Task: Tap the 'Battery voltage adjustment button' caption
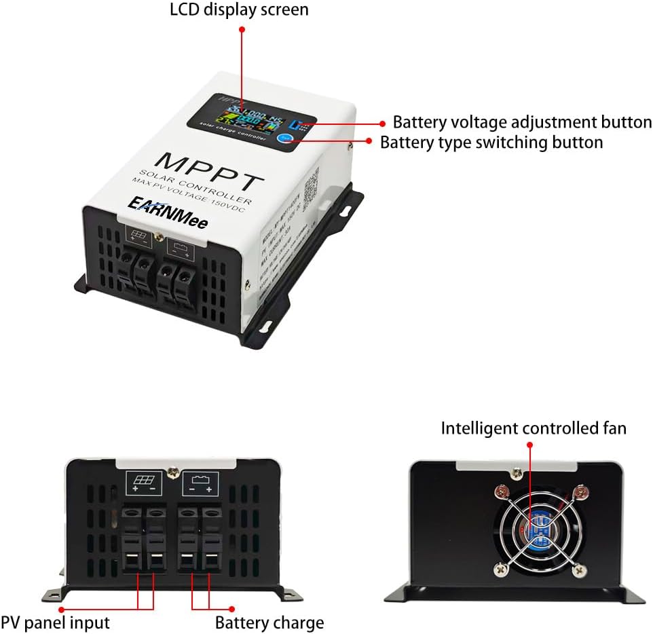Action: pos(522,122)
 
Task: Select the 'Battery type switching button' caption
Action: pos(491,143)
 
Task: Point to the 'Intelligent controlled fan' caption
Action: pos(533,428)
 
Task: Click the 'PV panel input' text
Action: pos(55,622)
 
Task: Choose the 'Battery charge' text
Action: pos(269,622)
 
